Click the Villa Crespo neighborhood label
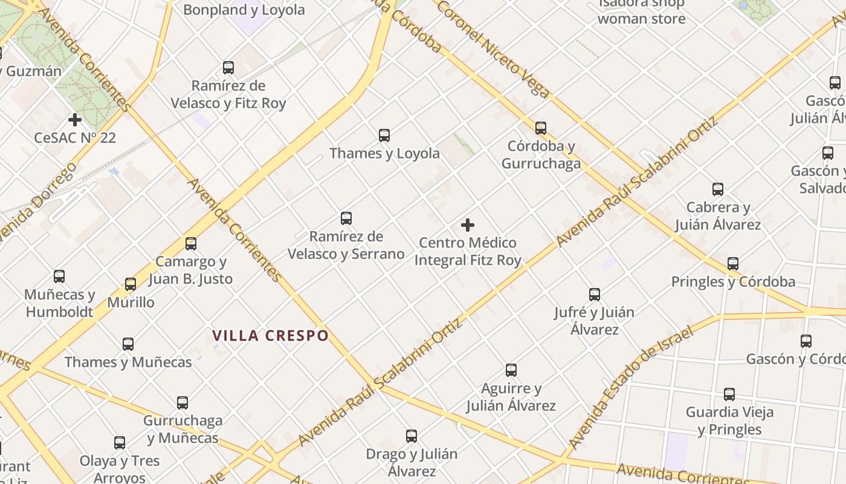[271, 335]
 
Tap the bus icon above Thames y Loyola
[384, 136]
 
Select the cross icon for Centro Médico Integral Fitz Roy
[468, 225]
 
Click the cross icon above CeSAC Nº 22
[75, 120]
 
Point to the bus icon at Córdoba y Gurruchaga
[541, 128]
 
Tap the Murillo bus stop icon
[131, 284]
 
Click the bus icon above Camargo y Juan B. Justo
[191, 244]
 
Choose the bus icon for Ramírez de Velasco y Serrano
[346, 218]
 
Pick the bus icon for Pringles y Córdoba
[733, 264]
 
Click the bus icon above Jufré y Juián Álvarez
[595, 295]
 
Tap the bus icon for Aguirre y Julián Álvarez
[511, 370]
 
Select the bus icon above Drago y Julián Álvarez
[412, 436]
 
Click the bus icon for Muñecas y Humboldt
[59, 276]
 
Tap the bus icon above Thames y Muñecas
[128, 344]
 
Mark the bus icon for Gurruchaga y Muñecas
[182, 403]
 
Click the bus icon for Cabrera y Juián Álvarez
[718, 189]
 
